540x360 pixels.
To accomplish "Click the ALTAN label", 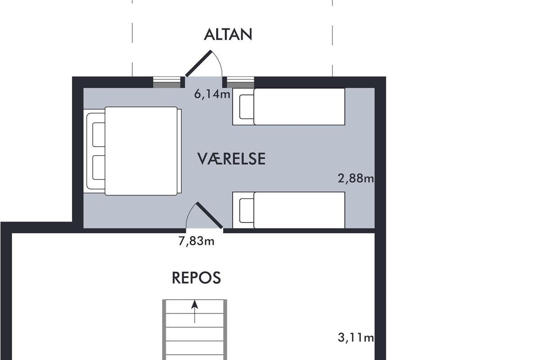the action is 228,35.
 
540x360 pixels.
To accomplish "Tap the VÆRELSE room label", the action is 231,159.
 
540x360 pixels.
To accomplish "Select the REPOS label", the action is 196,278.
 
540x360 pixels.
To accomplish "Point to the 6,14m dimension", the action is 212,94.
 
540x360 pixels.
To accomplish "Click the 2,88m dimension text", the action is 356,179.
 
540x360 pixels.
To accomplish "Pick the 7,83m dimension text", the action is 196,241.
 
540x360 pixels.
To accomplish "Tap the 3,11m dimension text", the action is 356,337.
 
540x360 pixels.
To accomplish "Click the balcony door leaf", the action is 198,63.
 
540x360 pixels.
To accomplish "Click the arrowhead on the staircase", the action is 194,305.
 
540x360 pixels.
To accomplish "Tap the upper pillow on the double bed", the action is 99,135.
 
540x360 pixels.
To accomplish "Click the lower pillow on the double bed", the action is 99,167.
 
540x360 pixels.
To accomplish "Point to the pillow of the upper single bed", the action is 247,107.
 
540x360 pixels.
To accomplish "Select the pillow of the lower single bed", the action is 247,211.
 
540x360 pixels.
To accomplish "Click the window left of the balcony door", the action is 167,82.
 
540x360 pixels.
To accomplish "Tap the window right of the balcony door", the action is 241,82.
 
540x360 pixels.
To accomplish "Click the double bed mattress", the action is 141,151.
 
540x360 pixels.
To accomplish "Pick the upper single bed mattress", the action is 299,107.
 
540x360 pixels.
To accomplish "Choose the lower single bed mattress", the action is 299,210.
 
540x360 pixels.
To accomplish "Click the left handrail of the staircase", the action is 164,329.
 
